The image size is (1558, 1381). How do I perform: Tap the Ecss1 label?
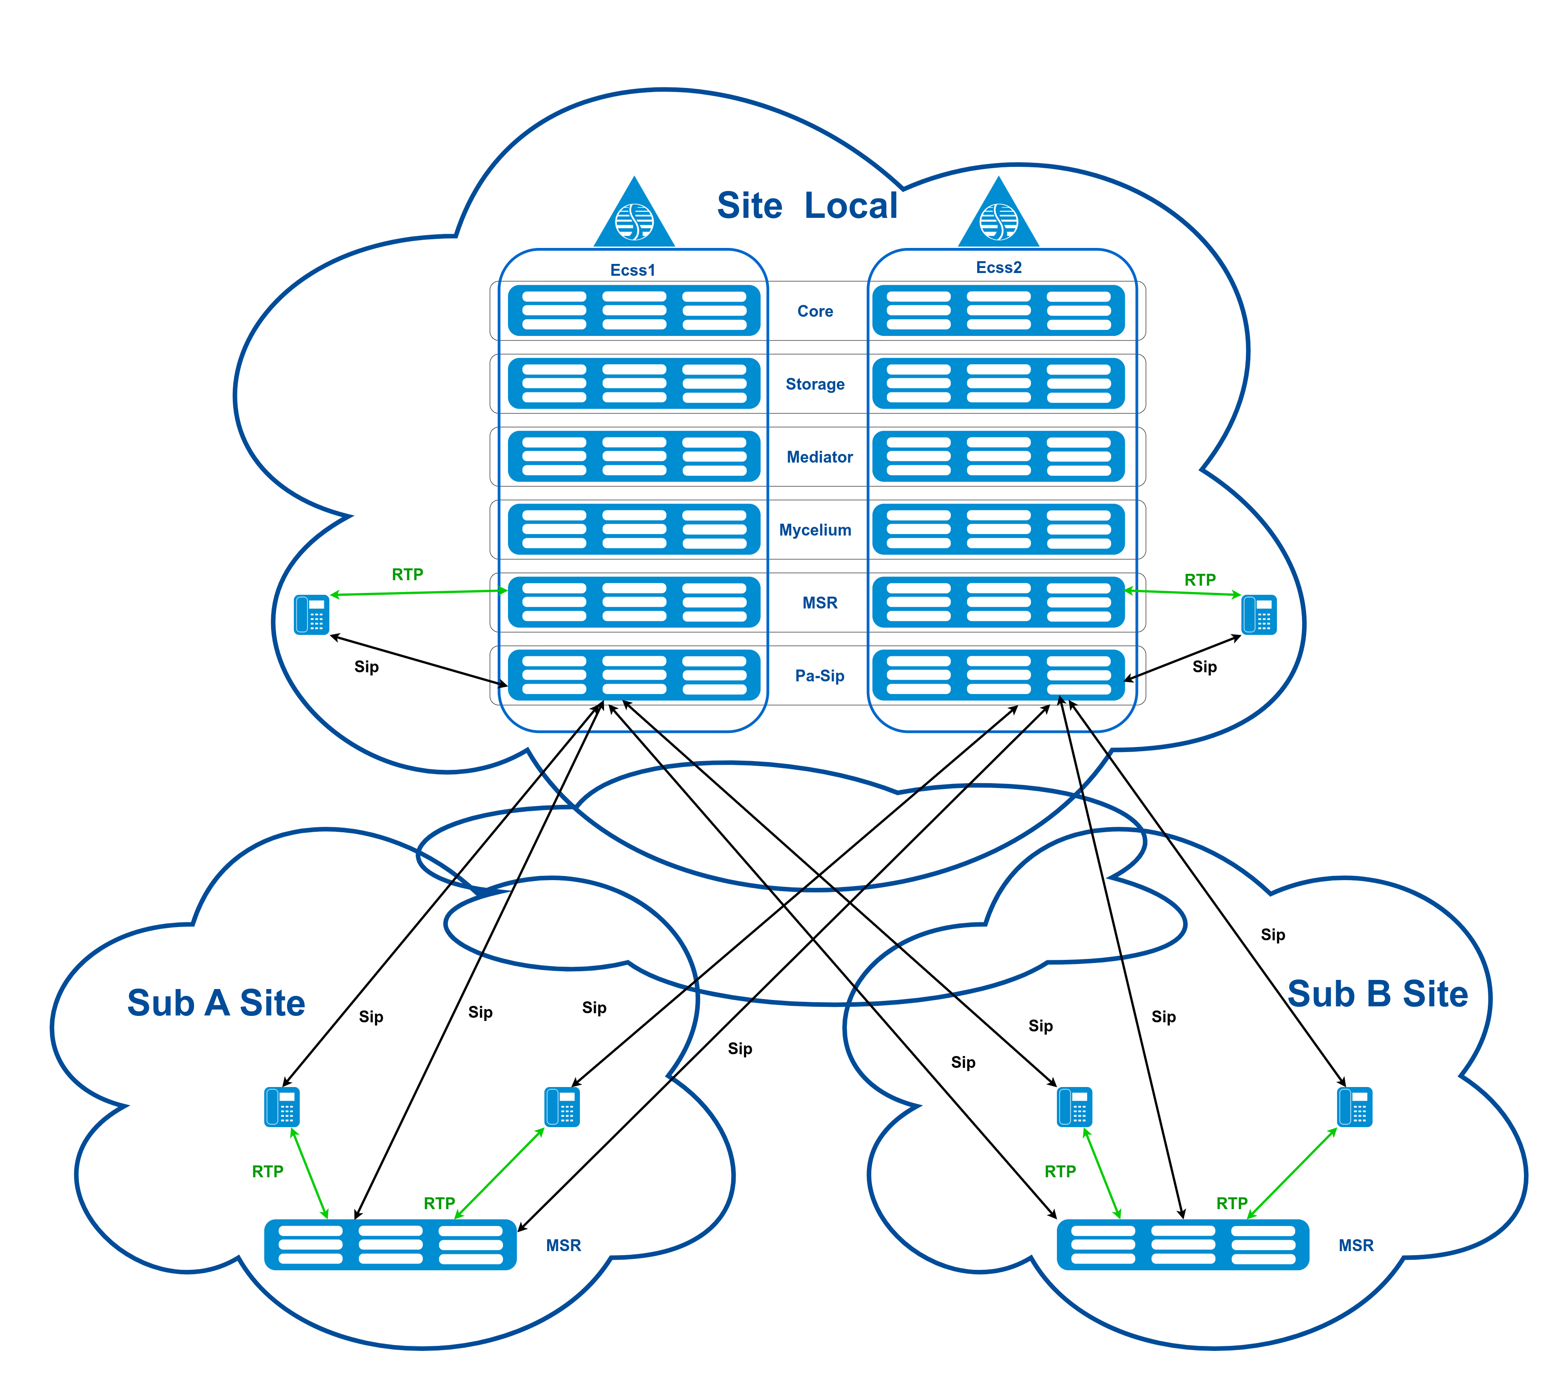click(x=633, y=270)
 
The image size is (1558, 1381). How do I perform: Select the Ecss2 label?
click(x=999, y=268)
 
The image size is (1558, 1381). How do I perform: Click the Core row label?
click(x=815, y=311)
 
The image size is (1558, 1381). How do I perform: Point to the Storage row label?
click(x=815, y=384)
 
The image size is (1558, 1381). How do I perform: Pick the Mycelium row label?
click(x=815, y=530)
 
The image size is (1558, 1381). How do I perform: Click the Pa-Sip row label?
click(x=820, y=675)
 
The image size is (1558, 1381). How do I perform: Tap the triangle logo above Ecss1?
click(x=634, y=216)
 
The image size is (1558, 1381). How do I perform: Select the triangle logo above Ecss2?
click(x=999, y=216)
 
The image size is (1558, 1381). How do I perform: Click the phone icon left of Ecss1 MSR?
click(x=312, y=615)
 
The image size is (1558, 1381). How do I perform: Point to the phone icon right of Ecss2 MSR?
click(x=1259, y=615)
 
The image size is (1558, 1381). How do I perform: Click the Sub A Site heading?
click(x=216, y=1003)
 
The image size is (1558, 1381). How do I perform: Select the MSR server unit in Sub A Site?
click(x=390, y=1245)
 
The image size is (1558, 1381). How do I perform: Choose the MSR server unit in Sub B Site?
click(x=1183, y=1245)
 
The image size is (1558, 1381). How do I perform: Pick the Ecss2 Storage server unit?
click(x=999, y=384)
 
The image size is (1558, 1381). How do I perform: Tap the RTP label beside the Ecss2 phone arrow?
click(x=1200, y=580)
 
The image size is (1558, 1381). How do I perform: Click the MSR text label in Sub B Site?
click(x=1356, y=1245)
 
